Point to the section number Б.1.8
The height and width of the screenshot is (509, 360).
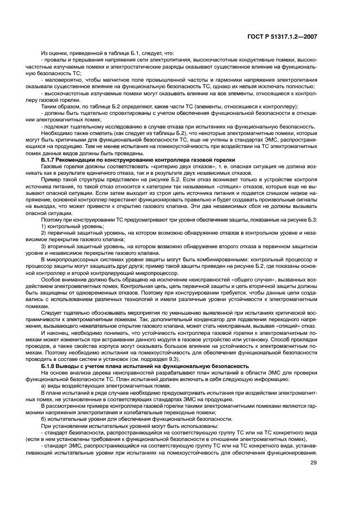[x=50, y=366]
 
